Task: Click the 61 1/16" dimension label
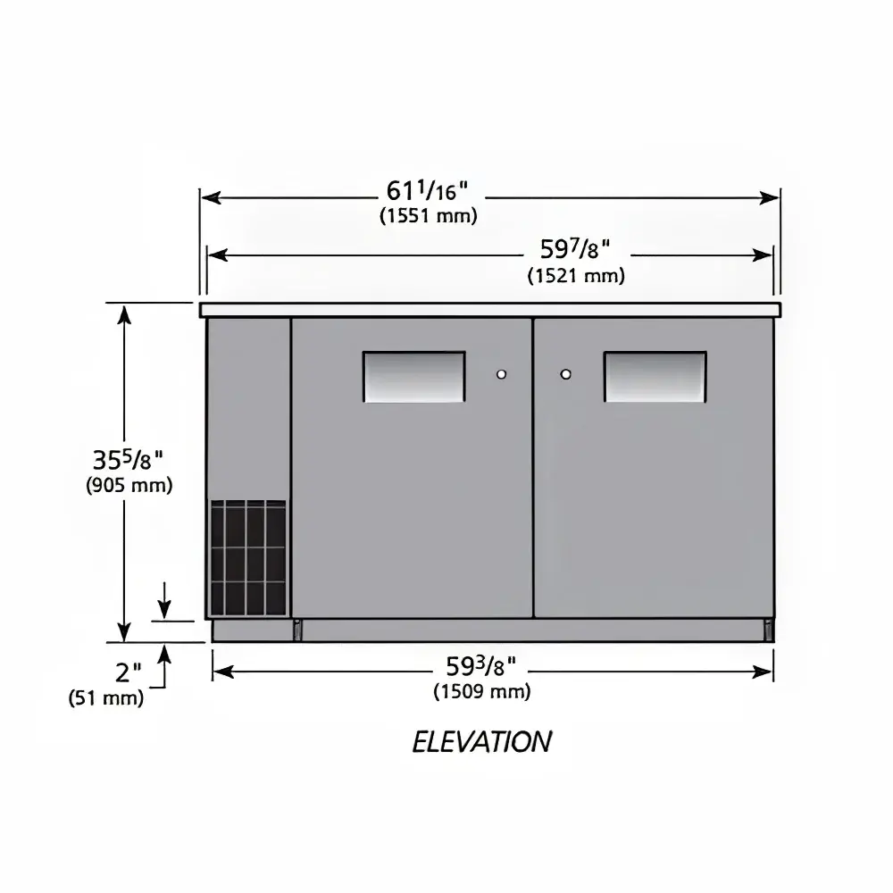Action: pyautogui.click(x=427, y=191)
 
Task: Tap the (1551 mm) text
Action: pyautogui.click(x=429, y=216)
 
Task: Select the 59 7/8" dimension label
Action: pyautogui.click(x=575, y=249)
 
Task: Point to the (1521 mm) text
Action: pyautogui.click(x=576, y=276)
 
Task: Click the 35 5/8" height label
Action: pyautogui.click(x=128, y=459)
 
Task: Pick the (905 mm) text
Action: pyautogui.click(x=129, y=485)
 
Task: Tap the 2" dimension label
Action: pyautogui.click(x=128, y=672)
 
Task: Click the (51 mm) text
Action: pyautogui.click(x=106, y=697)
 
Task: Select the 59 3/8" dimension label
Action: pyautogui.click(x=480, y=665)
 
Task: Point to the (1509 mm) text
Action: pyautogui.click(x=482, y=691)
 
